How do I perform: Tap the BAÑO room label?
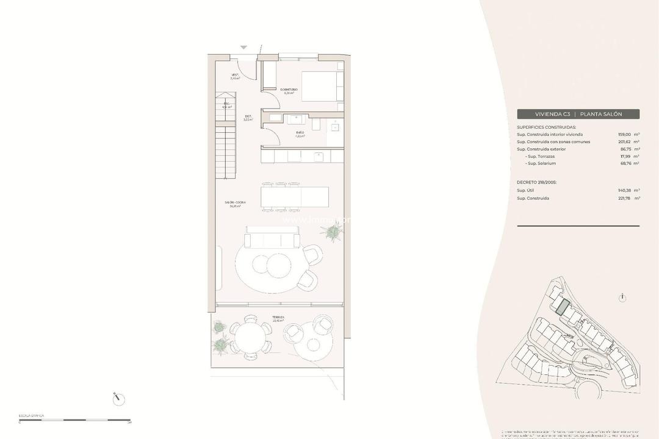(300, 133)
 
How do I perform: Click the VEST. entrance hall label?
(235, 77)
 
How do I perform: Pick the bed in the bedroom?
(320, 87)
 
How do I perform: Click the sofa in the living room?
(272, 237)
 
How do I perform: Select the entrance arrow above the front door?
(244, 48)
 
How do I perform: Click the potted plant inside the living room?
(333, 231)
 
